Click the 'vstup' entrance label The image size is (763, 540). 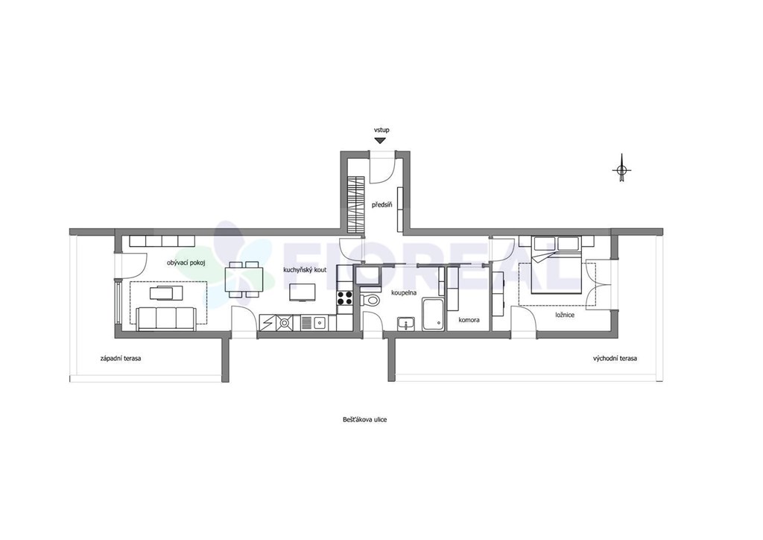tap(381, 130)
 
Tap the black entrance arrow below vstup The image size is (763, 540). tap(380, 140)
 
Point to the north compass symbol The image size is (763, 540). tap(621, 169)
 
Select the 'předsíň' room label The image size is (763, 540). tap(382, 205)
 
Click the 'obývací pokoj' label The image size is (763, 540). tap(186, 263)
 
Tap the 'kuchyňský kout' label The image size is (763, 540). tap(305, 270)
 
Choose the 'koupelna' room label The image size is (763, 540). tap(404, 293)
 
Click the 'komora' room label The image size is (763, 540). tap(469, 320)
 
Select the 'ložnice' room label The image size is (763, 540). tap(565, 315)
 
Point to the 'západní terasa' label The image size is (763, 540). tap(121, 358)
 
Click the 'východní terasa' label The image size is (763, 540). tap(615, 358)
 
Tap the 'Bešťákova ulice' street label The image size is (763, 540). tap(364, 419)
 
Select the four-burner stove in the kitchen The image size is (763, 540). tap(344, 298)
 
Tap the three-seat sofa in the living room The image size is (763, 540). tap(166, 319)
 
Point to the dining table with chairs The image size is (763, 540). tap(244, 280)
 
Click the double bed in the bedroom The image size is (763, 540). tap(556, 265)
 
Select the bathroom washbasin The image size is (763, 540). tap(405, 324)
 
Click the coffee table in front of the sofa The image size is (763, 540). tap(166, 293)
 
